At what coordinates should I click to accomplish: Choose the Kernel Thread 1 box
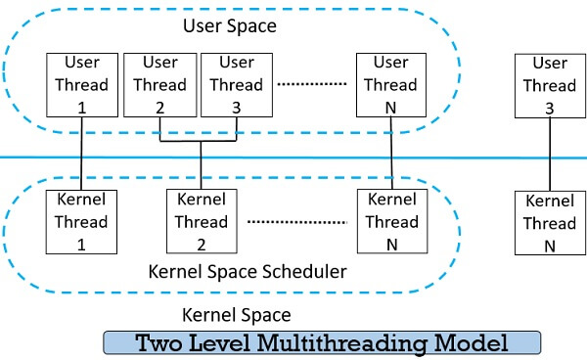click(81, 222)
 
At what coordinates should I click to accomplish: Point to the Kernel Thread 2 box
click(200, 222)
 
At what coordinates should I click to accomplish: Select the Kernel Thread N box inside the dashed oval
click(390, 222)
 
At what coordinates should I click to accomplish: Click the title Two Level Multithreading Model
click(322, 343)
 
